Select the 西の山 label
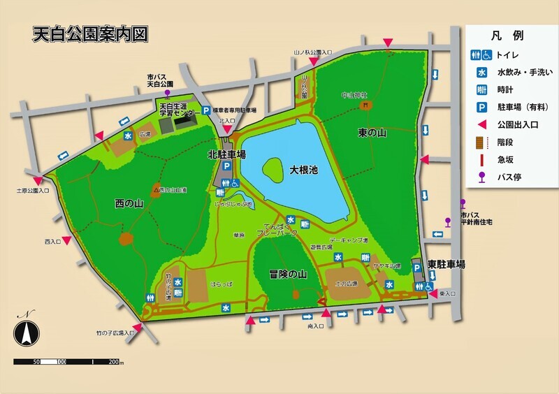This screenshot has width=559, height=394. (x=129, y=203)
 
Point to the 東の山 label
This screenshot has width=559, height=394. (x=372, y=133)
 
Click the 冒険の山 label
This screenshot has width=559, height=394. (x=288, y=274)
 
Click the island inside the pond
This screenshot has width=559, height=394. (x=273, y=168)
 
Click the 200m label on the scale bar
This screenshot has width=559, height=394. (x=115, y=363)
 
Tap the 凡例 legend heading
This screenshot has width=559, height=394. (x=512, y=36)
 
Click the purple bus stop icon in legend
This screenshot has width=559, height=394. (x=481, y=177)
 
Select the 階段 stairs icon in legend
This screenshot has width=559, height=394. (x=481, y=142)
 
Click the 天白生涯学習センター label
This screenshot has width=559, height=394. (x=175, y=109)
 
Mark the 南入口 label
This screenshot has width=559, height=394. (x=316, y=326)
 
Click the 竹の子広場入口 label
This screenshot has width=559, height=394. (x=115, y=333)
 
